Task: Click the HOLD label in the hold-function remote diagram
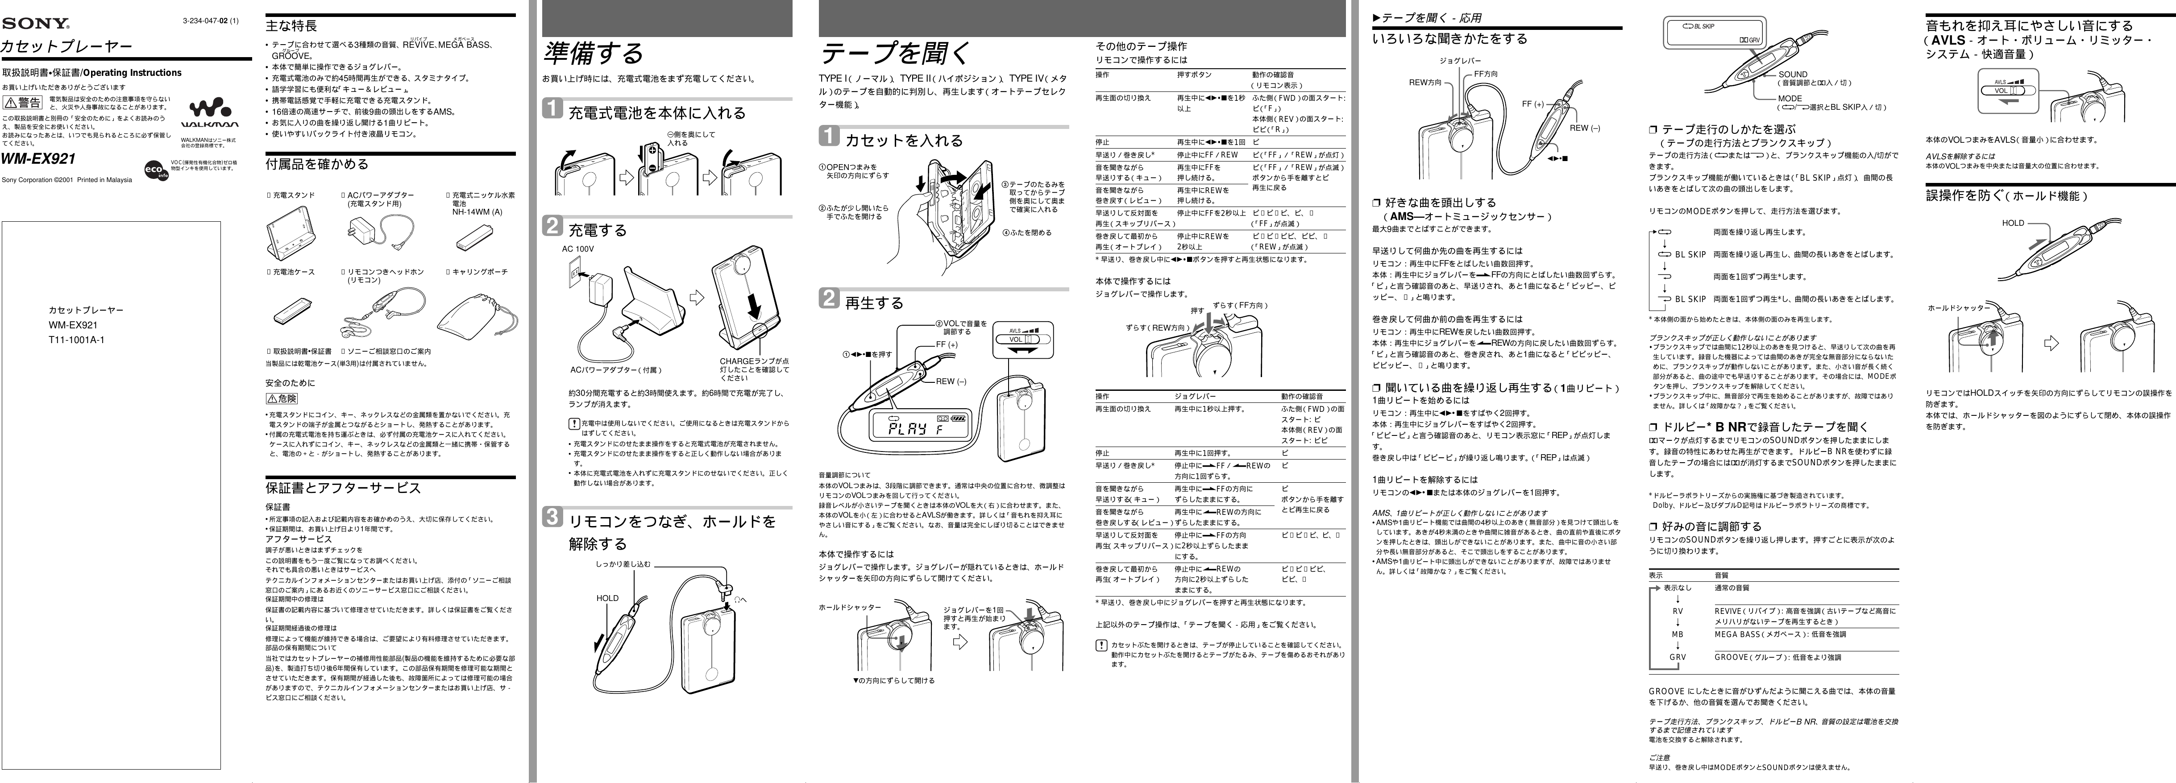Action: coord(2013,223)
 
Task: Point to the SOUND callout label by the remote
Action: coord(1793,75)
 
